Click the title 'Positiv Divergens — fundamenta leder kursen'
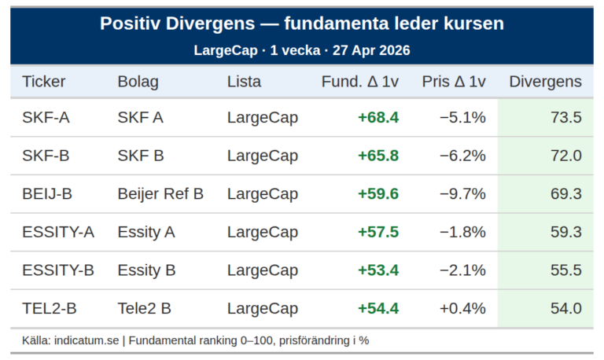(302, 24)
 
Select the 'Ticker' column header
(44, 82)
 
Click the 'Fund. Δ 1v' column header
(360, 82)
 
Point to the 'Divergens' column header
(545, 82)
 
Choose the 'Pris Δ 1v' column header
(454, 82)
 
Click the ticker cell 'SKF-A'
(46, 118)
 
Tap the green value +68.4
(378, 118)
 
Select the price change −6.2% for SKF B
(462, 156)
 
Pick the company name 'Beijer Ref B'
(160, 193)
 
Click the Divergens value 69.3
(566, 193)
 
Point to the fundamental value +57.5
(378, 232)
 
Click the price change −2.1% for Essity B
(462, 270)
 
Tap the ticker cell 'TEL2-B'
(50, 308)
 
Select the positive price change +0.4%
(462, 308)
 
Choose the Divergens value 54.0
(566, 308)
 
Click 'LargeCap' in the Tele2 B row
(263, 308)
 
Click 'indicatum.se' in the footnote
(87, 340)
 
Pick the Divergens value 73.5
(566, 118)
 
